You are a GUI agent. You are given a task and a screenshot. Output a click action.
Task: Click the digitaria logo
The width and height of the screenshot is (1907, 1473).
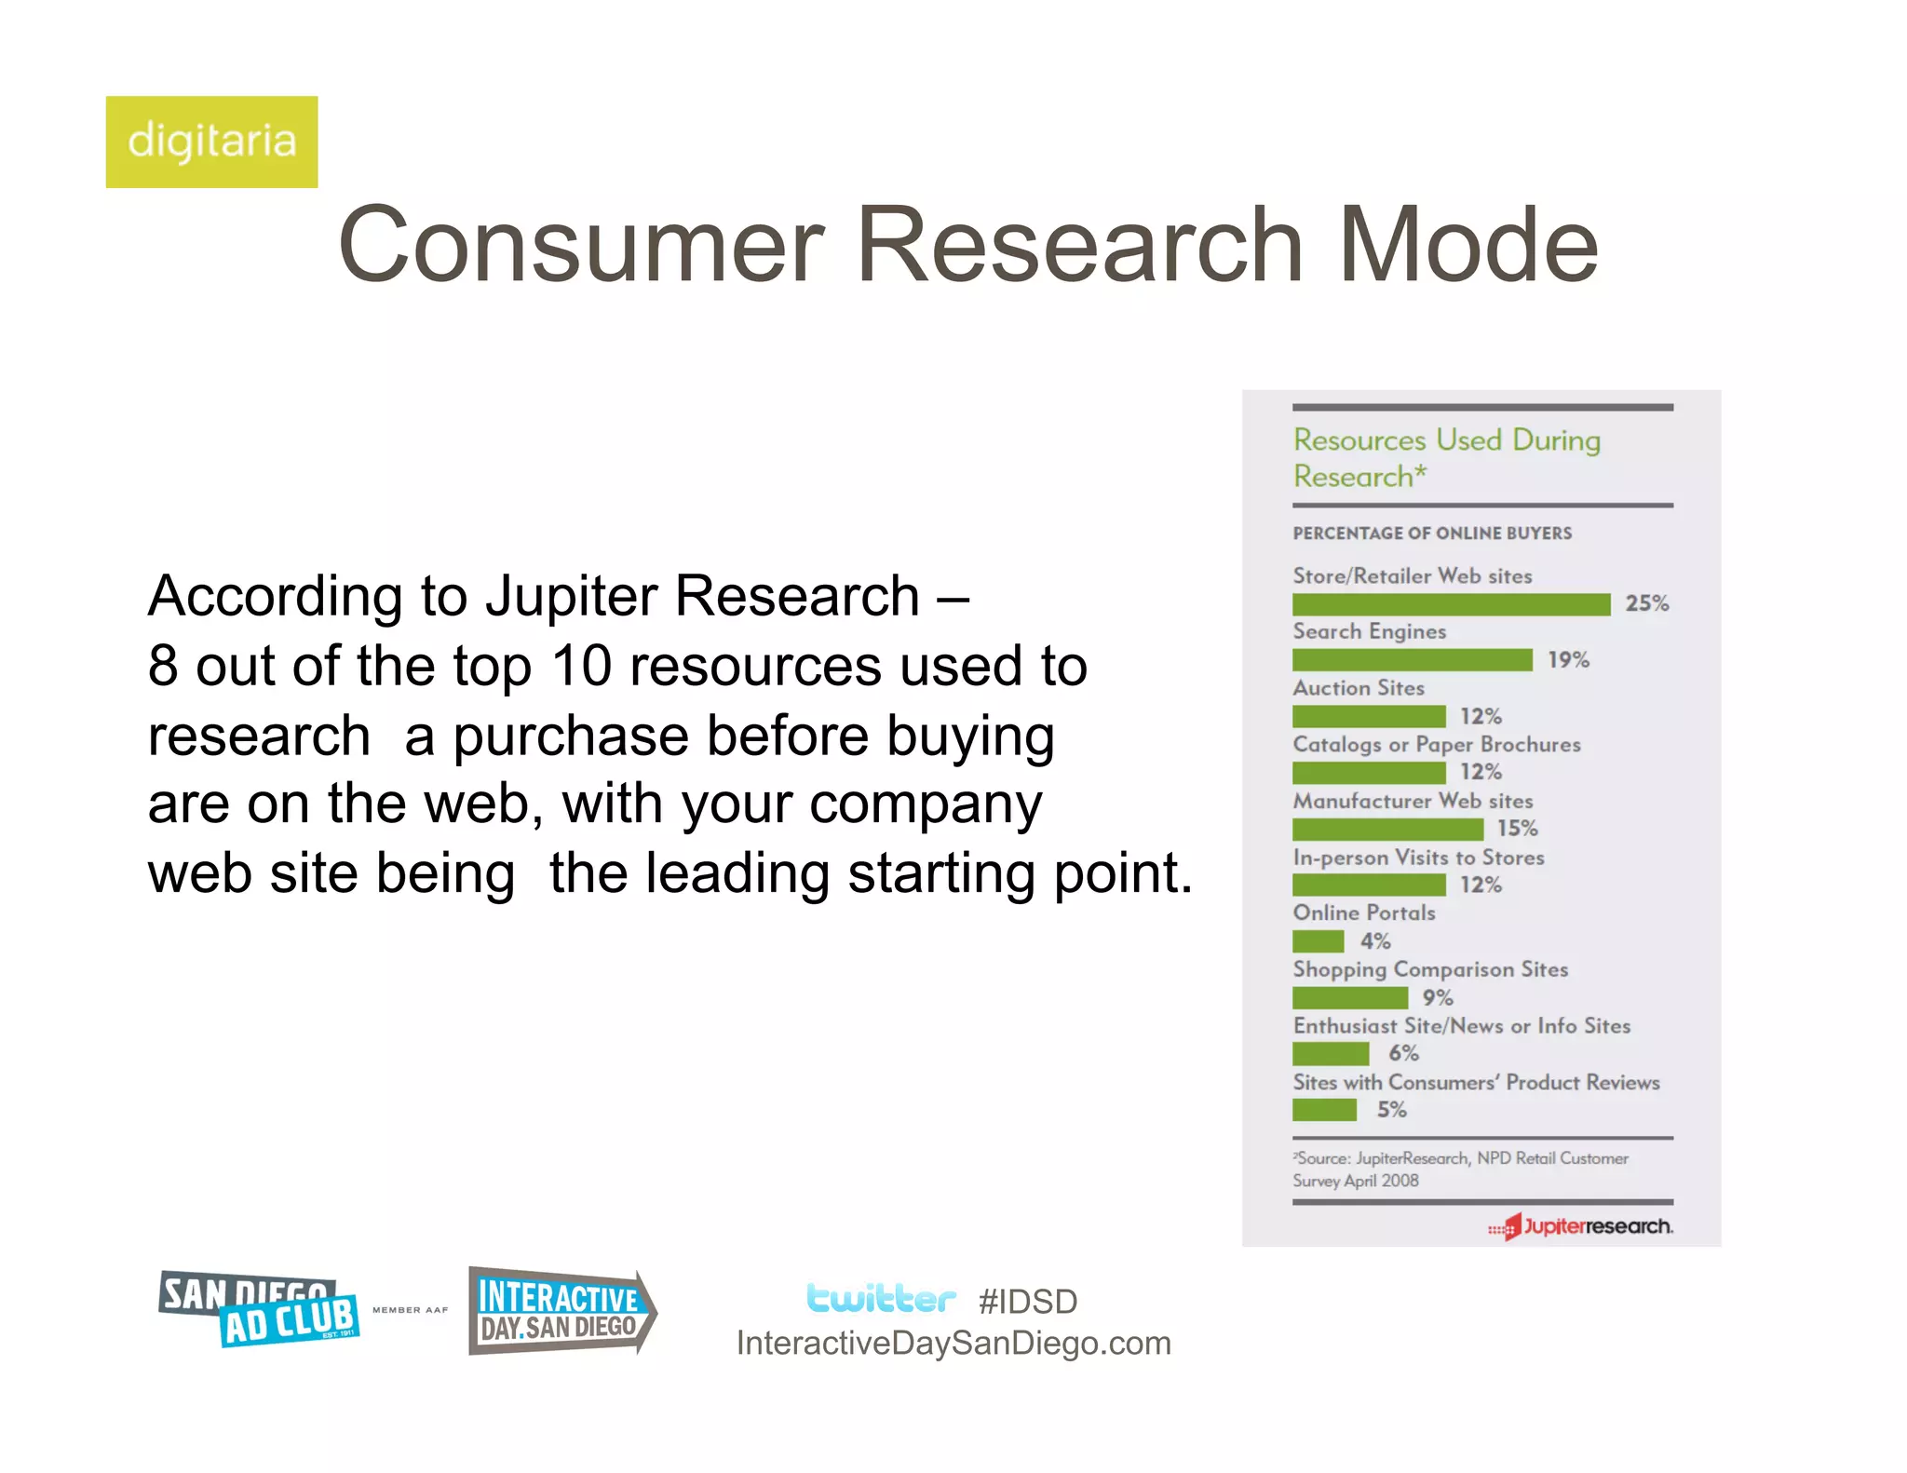tap(211, 142)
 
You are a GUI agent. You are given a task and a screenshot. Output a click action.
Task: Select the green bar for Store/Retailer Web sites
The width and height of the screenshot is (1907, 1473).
tap(1451, 604)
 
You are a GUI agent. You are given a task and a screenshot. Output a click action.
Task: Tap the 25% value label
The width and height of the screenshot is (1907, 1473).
tap(1646, 603)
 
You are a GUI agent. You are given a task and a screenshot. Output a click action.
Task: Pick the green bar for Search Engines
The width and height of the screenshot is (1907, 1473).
tap(1412, 660)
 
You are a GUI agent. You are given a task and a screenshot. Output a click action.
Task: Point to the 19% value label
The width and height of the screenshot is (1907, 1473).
tap(1568, 660)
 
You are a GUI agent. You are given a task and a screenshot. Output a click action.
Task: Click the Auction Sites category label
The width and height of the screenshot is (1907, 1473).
tap(1359, 688)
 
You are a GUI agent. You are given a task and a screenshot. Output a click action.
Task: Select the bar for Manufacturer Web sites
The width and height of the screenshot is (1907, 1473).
tap(1387, 829)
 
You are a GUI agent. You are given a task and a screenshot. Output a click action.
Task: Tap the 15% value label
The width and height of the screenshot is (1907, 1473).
tap(1517, 828)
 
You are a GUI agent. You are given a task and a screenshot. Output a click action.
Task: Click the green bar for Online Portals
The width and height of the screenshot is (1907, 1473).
tap(1318, 941)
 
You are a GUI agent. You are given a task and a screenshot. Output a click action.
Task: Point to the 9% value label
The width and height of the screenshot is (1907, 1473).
tap(1437, 997)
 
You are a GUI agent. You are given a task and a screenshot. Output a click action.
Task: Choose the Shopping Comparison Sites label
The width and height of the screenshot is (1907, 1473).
tap(1430, 969)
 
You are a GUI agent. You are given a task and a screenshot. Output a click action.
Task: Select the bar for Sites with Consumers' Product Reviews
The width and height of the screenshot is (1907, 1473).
tap(1324, 1110)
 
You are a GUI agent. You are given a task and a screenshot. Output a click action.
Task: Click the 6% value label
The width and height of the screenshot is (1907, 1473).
tap(1403, 1053)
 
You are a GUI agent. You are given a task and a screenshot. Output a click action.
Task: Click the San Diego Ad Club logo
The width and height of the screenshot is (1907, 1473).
tap(259, 1309)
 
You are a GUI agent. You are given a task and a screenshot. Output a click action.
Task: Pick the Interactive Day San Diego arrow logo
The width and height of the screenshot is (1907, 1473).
tap(561, 1311)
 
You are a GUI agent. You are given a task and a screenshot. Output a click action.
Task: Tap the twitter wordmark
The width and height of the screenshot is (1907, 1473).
tap(880, 1298)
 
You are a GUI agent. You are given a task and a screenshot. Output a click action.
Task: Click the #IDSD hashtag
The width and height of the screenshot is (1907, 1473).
tap(1028, 1302)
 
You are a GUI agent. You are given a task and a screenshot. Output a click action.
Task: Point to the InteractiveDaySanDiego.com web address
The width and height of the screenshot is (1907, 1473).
tap(953, 1344)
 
